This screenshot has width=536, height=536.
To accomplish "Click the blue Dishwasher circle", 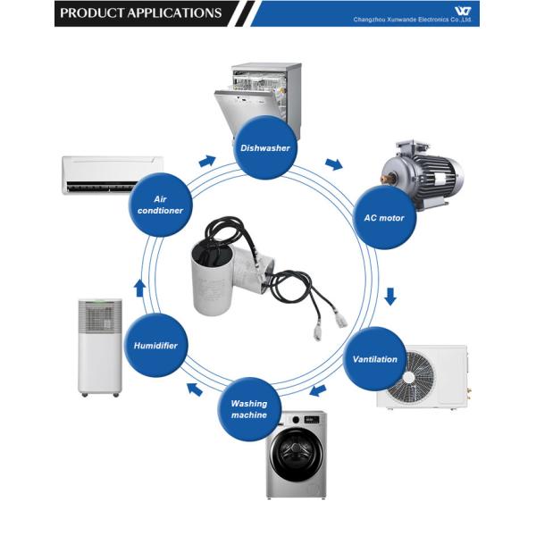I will pyautogui.click(x=265, y=147).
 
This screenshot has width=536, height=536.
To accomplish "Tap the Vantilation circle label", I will pyautogui.click(x=375, y=358).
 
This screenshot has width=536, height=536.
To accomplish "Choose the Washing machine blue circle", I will pyautogui.click(x=249, y=410).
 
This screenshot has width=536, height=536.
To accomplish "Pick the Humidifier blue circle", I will pyautogui.click(x=156, y=345).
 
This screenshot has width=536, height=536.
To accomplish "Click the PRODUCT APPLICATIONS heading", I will pyautogui.click(x=141, y=13).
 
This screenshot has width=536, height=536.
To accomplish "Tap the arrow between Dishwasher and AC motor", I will pyautogui.click(x=333, y=164).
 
